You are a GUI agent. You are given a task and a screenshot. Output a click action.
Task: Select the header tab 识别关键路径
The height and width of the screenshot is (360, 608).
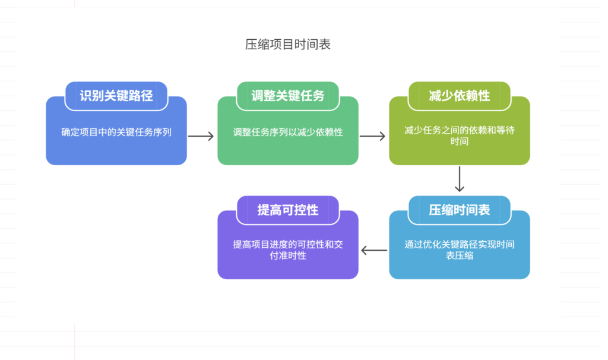coord(116,96)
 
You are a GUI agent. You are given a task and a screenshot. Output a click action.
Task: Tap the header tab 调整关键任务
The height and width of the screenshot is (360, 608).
coord(288,96)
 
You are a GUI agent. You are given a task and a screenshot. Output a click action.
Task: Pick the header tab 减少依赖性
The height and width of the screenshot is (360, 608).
coord(460,96)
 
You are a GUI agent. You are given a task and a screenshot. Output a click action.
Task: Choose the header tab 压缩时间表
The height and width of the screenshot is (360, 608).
coord(460,210)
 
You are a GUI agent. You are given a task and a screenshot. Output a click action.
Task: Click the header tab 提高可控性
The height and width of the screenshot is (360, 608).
coord(288,210)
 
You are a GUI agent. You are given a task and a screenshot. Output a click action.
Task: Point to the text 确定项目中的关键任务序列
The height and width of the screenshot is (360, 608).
coord(116,132)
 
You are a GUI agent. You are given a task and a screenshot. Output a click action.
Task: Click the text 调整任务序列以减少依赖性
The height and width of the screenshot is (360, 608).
coord(288,132)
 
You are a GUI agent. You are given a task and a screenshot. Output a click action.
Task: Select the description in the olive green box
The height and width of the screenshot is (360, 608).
coord(460,136)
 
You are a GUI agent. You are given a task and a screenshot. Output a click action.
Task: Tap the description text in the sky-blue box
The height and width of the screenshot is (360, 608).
coord(460,250)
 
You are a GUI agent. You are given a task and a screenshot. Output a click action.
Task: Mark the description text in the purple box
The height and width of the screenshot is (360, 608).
coord(288,250)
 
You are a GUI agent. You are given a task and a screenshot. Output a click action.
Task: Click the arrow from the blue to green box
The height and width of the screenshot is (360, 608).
coord(201,136)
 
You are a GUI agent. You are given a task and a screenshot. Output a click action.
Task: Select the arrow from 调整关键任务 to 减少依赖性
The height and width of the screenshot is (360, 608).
coord(373,136)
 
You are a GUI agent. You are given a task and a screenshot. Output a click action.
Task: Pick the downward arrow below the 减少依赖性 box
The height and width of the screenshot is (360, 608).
coord(460,179)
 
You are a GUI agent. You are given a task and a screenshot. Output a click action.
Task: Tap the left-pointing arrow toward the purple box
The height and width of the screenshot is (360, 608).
coord(374,250)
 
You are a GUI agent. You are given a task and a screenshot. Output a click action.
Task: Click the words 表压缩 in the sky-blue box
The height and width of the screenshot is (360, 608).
coord(460,256)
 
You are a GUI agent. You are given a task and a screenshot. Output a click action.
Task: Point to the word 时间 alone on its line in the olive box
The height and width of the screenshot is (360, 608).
coord(460,142)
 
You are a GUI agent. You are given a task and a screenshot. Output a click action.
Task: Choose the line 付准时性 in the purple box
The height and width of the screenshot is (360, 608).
coord(288,256)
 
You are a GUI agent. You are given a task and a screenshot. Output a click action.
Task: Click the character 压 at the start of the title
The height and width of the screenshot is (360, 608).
coord(251,45)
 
